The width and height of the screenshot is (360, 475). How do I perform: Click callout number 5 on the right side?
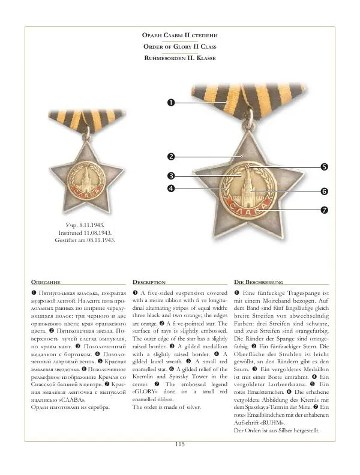323,166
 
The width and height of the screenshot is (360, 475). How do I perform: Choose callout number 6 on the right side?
323,192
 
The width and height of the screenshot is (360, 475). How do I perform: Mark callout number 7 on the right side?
323,210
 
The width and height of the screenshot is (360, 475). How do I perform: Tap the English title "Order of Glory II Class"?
179,47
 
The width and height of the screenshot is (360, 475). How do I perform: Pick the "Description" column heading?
149,282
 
